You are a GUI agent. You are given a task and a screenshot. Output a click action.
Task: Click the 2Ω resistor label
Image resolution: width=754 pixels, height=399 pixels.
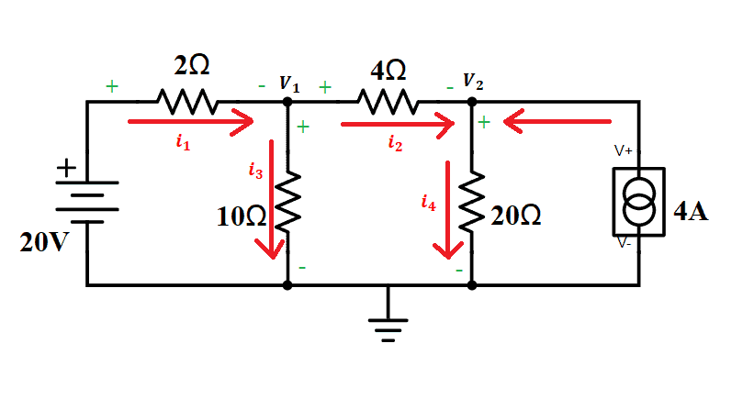[191, 66]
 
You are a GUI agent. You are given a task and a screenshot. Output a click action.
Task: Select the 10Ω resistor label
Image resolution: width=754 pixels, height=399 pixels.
[242, 216]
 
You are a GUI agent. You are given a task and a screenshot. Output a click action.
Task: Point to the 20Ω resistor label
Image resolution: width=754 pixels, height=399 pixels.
[515, 216]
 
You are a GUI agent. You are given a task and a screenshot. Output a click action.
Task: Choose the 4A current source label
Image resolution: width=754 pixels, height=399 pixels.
[692, 212]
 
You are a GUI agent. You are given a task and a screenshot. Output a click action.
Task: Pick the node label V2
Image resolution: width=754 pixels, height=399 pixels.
[473, 83]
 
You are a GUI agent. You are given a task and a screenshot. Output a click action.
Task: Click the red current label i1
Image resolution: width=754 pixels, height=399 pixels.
[182, 141]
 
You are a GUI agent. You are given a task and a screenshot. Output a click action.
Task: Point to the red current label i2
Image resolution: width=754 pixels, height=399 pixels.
[395, 142]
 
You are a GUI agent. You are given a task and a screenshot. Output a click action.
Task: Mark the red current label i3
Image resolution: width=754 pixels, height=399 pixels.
[255, 170]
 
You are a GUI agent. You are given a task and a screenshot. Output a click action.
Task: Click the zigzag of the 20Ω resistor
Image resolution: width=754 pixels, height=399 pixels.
[472, 206]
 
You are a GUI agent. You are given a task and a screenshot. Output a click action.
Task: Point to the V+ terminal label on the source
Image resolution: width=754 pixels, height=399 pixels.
[624, 150]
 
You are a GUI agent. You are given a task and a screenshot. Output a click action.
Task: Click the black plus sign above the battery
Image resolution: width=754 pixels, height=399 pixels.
[66, 169]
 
